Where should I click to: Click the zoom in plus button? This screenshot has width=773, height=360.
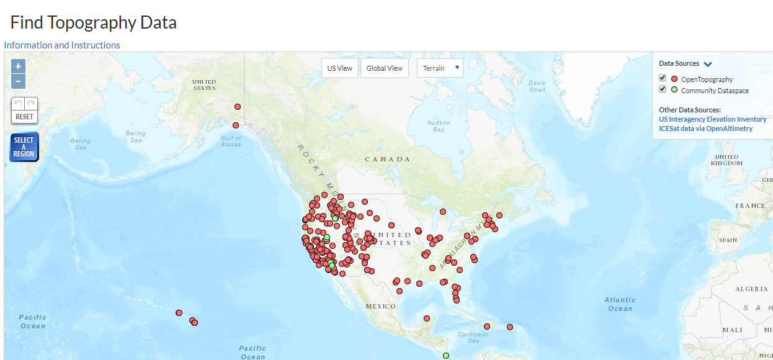pyautogui.click(x=18, y=66)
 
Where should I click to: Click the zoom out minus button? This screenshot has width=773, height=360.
pyautogui.click(x=18, y=81)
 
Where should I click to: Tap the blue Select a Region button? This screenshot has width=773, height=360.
pyautogui.click(x=24, y=147)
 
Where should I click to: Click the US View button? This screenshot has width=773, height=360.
pyautogui.click(x=340, y=68)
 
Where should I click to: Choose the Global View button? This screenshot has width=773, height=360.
pyautogui.click(x=385, y=68)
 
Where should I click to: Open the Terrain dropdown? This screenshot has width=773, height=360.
pyautogui.click(x=440, y=68)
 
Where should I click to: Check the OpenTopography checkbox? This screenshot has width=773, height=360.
pyautogui.click(x=663, y=78)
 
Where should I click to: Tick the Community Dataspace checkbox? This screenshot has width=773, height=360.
pyautogui.click(x=663, y=89)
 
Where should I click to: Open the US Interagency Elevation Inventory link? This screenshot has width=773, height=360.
pyautogui.click(x=712, y=119)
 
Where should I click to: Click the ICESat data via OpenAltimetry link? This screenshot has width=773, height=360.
pyautogui.click(x=705, y=128)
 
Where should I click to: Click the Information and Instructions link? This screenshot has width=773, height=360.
pyautogui.click(x=62, y=45)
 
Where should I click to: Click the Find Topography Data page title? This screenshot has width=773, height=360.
pyautogui.click(x=94, y=23)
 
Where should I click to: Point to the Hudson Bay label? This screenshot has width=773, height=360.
pyautogui.click(x=439, y=126)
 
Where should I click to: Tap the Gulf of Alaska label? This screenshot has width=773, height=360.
pyautogui.click(x=231, y=141)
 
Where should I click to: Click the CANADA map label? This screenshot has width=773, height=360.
pyautogui.click(x=387, y=160)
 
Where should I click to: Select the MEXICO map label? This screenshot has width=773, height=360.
pyautogui.click(x=381, y=307)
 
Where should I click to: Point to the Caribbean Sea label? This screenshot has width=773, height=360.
pyautogui.click(x=473, y=337)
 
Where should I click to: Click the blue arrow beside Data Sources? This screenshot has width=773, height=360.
pyautogui.click(x=708, y=64)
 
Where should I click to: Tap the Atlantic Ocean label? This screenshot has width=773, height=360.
pyautogui.click(x=620, y=304)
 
